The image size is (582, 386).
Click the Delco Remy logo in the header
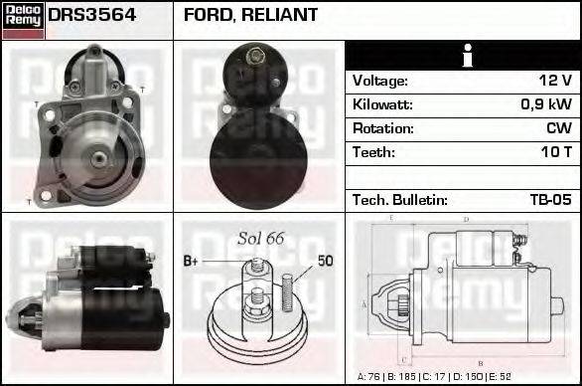coord(23,20)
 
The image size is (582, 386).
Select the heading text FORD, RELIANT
coord(250,15)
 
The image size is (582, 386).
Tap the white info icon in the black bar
coord(464,57)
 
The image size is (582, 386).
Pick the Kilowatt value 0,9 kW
coord(545,104)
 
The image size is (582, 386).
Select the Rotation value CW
coord(559,128)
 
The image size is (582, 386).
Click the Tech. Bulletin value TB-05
coord(549,200)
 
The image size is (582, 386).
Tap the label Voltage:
coord(380,81)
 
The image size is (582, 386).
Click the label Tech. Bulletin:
coord(400,200)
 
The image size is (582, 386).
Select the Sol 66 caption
coord(261,238)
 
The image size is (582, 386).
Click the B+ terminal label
coord(192,262)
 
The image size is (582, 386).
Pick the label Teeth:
coord(373,152)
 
